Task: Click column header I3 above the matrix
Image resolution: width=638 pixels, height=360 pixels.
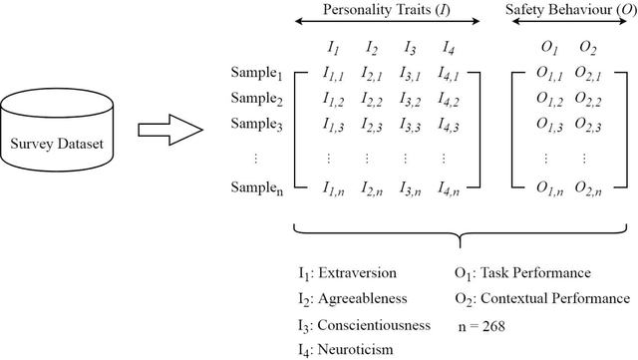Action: [408, 47]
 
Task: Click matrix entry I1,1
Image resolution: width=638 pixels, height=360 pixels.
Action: [332, 75]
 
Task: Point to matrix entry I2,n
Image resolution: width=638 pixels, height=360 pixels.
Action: [370, 186]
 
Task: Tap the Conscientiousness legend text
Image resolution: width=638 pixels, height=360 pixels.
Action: [374, 324]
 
